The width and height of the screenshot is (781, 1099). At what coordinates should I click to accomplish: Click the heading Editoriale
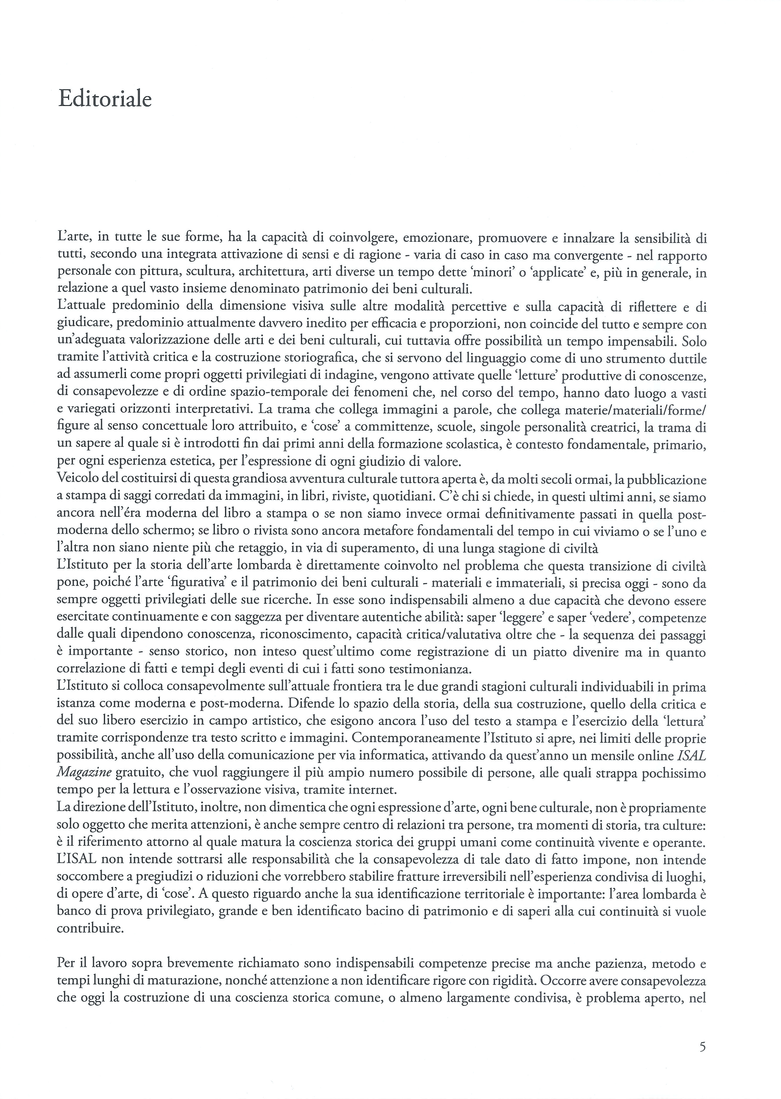click(105, 99)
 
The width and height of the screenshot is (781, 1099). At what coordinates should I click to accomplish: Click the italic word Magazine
click(84, 773)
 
